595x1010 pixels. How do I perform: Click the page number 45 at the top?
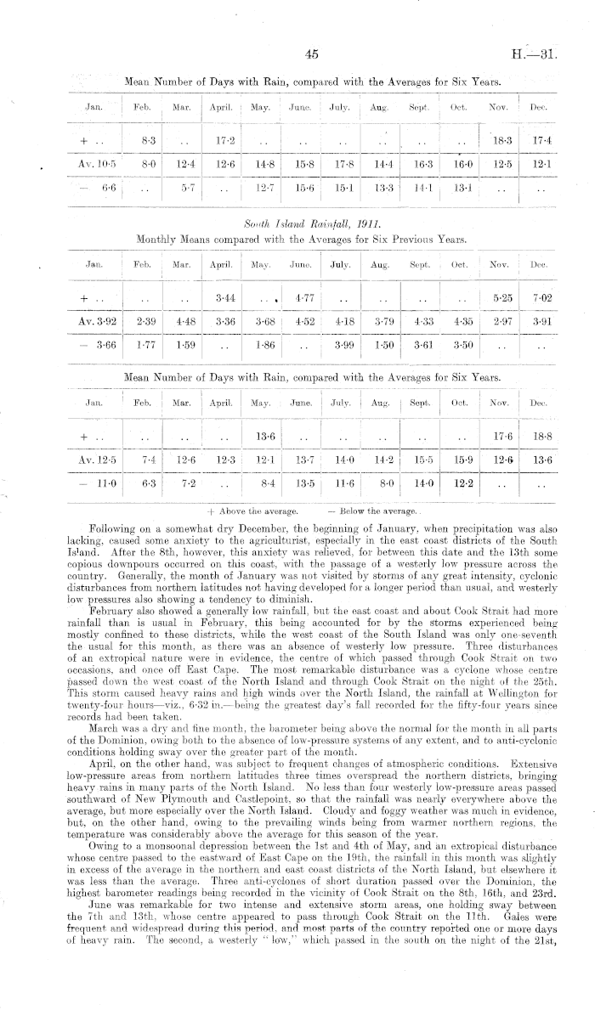[x=310, y=54]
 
